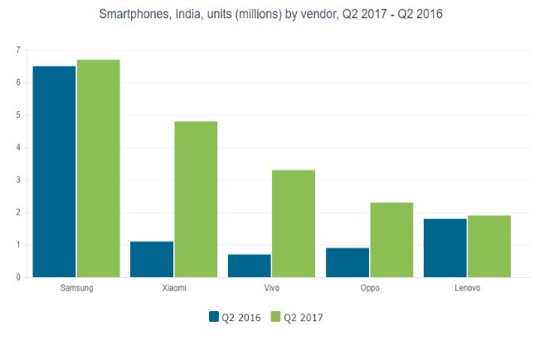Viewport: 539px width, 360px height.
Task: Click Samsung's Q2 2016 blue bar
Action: click(54, 172)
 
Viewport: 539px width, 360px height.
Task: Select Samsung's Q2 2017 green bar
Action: click(99, 168)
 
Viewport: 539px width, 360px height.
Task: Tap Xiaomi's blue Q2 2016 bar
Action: click(152, 259)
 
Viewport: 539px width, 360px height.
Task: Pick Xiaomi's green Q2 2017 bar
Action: click(196, 199)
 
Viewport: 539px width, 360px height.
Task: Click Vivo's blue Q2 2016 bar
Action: click(250, 265)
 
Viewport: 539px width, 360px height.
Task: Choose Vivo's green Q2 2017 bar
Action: click(294, 224)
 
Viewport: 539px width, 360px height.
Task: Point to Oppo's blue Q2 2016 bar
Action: click(347, 262)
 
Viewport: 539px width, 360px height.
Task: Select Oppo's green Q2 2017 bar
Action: click(391, 240)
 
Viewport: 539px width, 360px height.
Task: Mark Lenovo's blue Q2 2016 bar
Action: click(445, 248)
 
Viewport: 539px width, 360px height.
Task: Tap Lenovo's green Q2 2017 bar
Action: click(489, 246)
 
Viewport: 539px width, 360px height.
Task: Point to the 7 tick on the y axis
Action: click(17, 51)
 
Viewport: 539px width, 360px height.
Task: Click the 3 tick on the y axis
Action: click(17, 180)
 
